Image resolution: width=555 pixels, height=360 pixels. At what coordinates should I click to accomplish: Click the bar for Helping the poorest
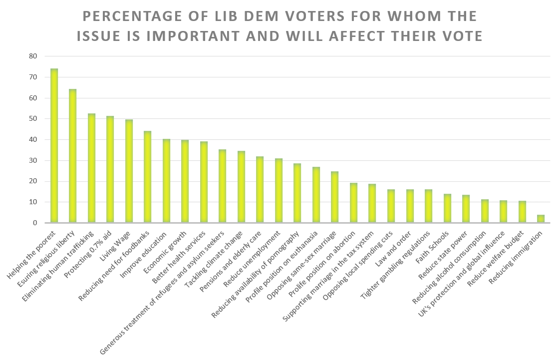(54, 146)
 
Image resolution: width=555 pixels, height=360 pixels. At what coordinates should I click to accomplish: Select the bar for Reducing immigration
(541, 219)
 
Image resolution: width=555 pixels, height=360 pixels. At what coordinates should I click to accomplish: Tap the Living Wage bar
(129, 171)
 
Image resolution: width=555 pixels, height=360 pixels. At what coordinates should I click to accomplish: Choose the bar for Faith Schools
(447, 208)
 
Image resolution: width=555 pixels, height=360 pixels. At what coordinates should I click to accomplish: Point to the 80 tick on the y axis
(33, 56)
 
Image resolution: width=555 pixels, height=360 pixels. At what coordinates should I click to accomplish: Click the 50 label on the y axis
(33, 119)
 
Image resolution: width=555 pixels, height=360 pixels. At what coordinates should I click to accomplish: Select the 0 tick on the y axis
(35, 223)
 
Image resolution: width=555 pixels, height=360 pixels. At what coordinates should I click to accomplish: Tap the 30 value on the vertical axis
(33, 161)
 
